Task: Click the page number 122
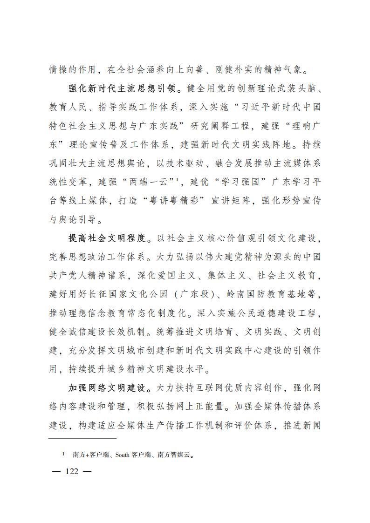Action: point(72,471)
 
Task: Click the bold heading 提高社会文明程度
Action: point(108,239)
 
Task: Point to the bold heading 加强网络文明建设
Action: point(108,387)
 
